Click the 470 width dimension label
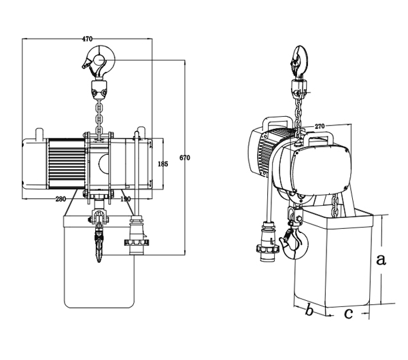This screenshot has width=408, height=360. [87, 39]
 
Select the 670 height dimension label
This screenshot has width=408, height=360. [185, 158]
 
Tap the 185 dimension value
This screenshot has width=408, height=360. [162, 164]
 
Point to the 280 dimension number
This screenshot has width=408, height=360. [60, 199]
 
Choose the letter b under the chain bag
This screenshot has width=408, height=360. [309, 311]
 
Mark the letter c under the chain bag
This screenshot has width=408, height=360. [347, 313]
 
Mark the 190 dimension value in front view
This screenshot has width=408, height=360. [125, 199]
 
